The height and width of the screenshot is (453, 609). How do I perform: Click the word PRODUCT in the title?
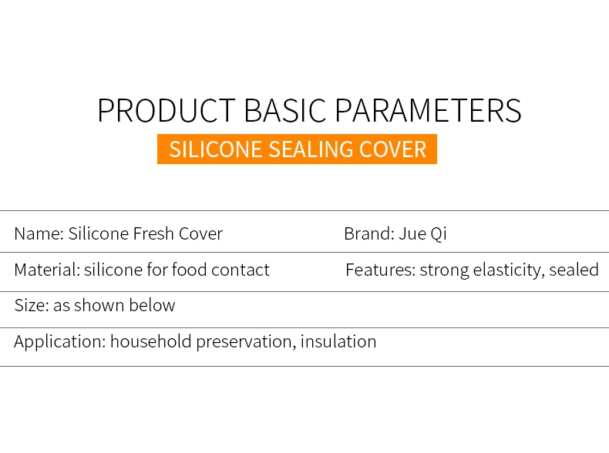coord(167,111)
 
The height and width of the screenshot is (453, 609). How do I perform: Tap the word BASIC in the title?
coord(284,111)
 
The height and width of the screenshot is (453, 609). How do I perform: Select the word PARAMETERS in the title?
coord(428,111)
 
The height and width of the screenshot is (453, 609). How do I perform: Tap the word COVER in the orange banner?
coord(392,149)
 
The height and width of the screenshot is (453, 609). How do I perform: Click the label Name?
coord(39,233)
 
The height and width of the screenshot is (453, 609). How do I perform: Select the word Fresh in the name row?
coord(153,233)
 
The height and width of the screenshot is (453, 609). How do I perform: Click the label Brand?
coord(369,233)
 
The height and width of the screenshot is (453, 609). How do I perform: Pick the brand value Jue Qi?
coord(422,234)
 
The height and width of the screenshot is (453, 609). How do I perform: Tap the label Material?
coord(47,270)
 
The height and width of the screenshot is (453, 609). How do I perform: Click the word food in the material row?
coord(189,270)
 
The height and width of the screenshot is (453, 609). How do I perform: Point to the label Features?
coord(380,270)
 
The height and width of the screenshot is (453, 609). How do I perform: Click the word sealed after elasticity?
coord(574,270)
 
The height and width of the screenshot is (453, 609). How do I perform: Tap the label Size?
coord(32,306)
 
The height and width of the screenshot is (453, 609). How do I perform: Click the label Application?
coord(60,342)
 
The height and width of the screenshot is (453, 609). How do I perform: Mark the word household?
coord(151,341)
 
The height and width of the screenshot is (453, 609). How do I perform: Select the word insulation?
coord(338,341)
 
